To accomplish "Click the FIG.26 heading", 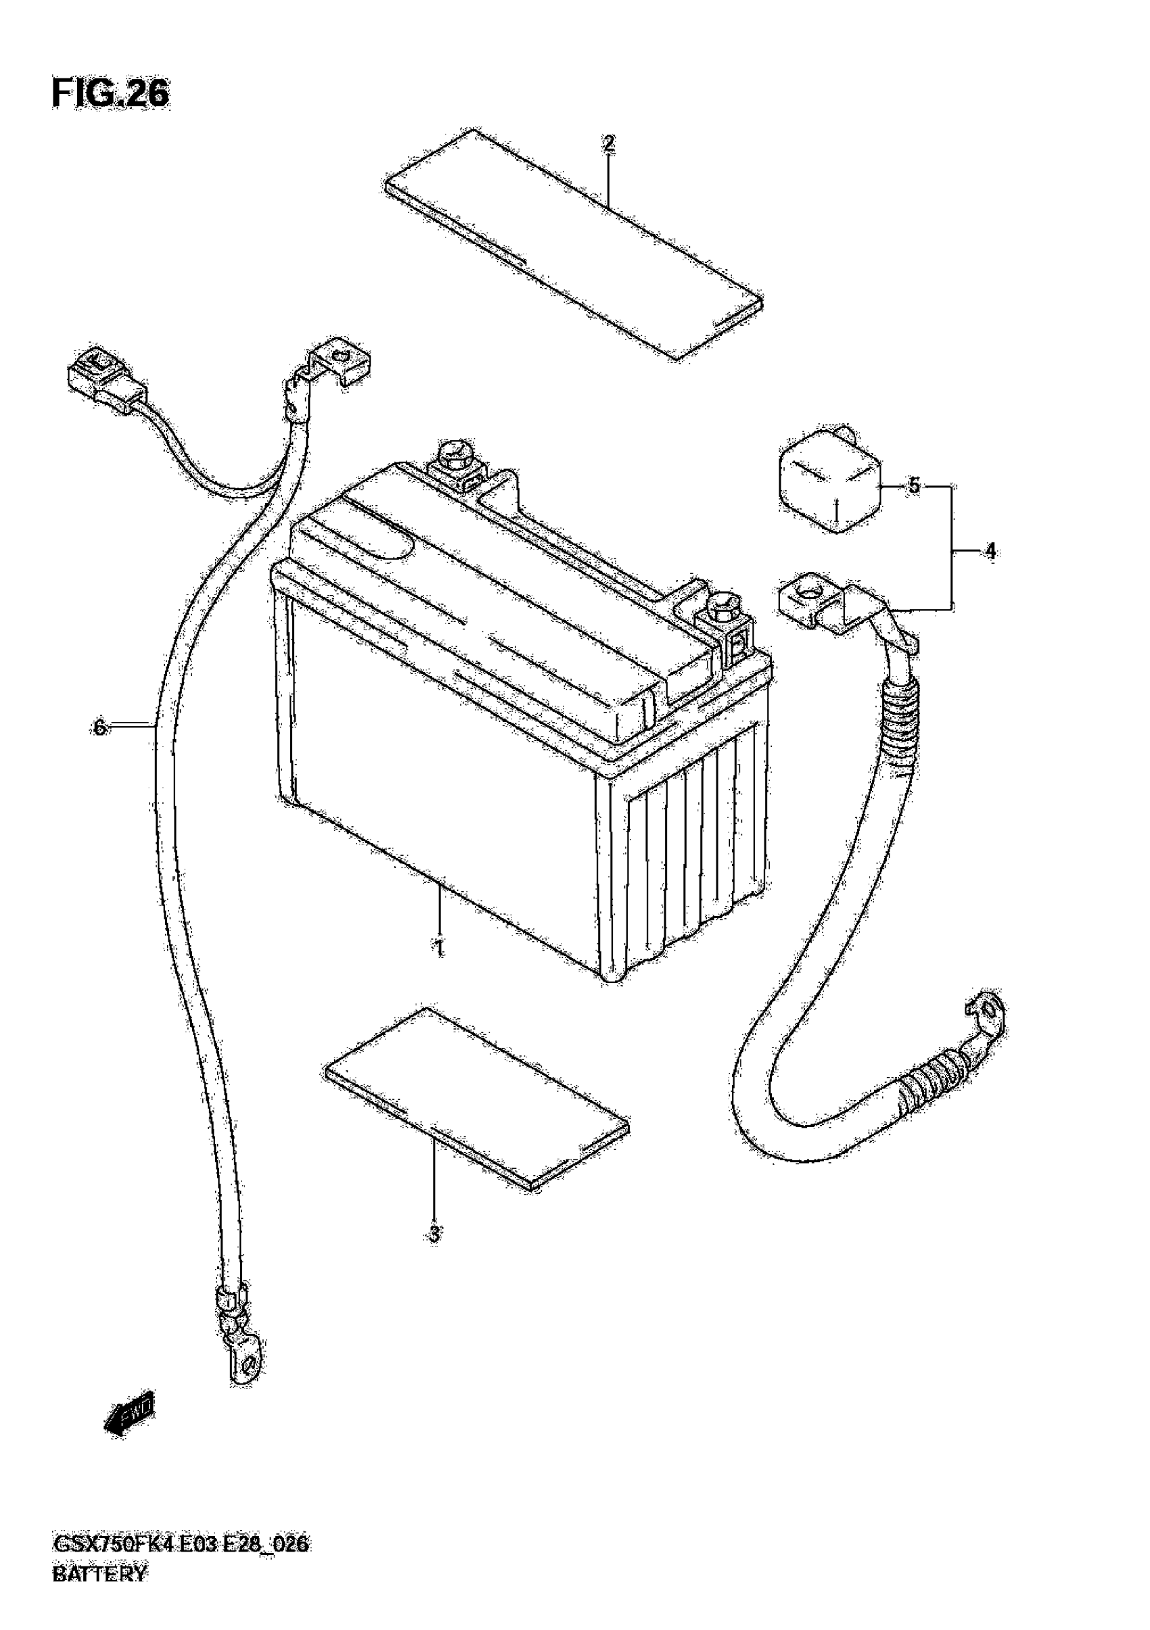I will (x=111, y=94).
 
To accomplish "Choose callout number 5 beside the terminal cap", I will (x=913, y=486).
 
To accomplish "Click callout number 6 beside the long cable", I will (x=99, y=727).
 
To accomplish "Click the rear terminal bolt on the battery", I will (x=453, y=458).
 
